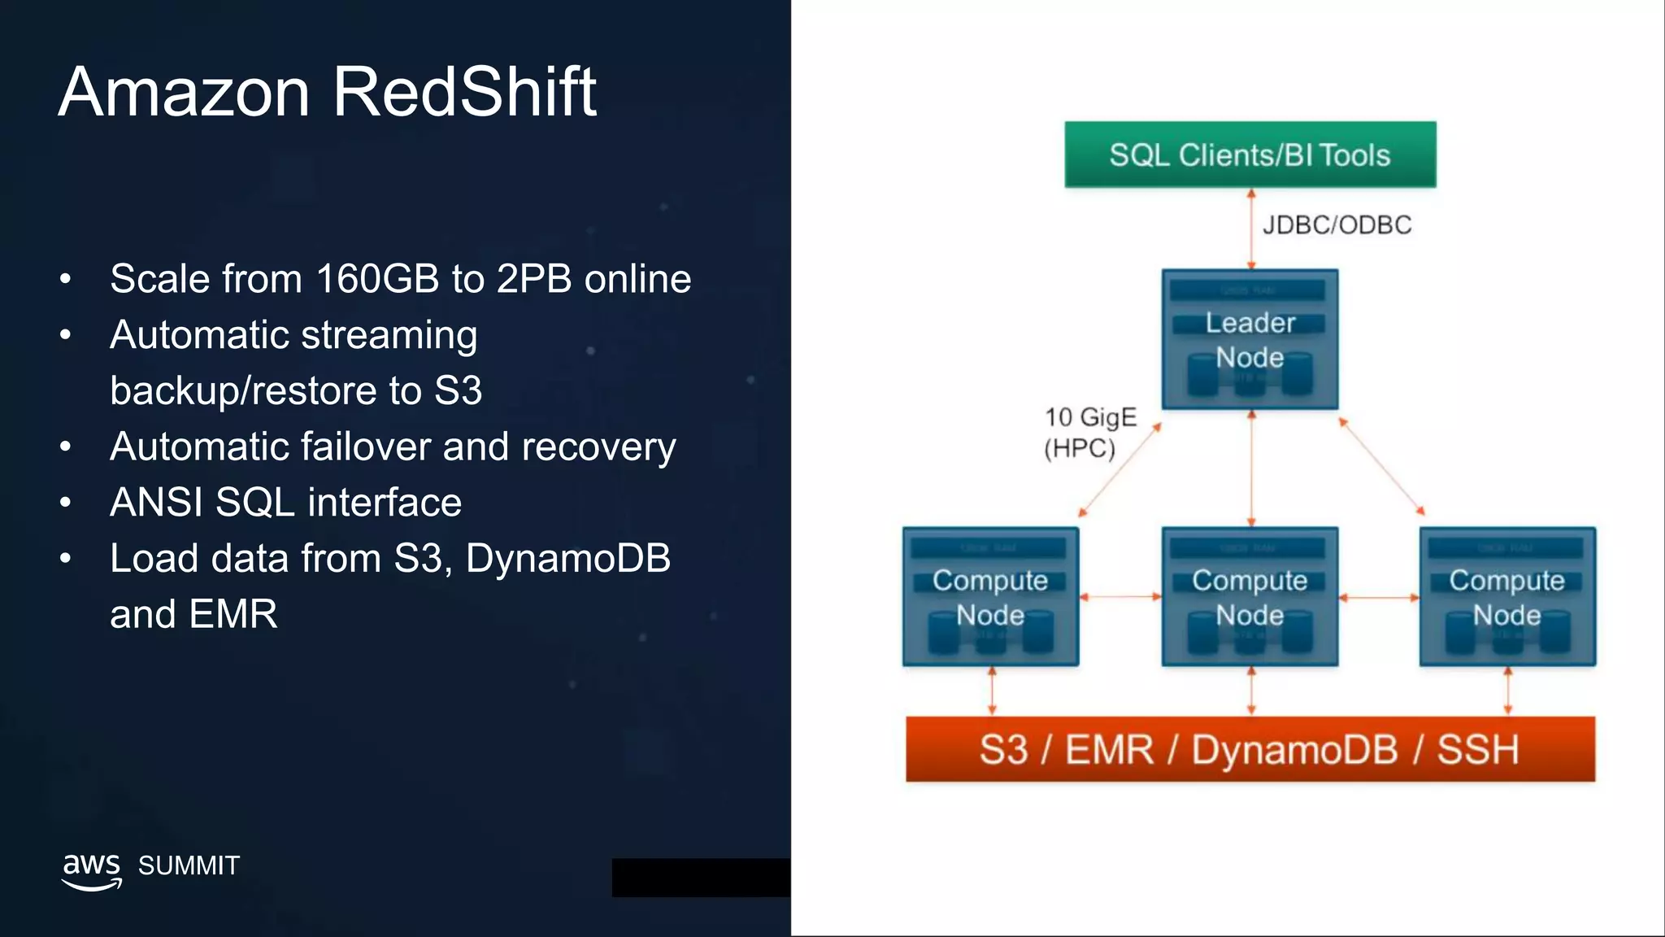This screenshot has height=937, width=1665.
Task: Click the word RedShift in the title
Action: [x=464, y=92]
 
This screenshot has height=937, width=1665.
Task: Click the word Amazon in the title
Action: [x=184, y=92]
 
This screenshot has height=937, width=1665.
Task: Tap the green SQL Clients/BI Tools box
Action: [x=1250, y=155]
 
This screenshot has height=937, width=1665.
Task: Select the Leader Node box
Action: [x=1250, y=339]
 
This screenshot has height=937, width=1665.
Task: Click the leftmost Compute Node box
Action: [x=990, y=597]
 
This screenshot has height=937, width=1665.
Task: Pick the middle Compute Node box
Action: [x=1250, y=597]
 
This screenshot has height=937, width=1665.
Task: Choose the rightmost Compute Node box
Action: [x=1507, y=597]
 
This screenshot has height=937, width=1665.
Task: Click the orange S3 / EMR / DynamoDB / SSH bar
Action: [x=1250, y=749]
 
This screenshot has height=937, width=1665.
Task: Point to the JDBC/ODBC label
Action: [x=1337, y=224]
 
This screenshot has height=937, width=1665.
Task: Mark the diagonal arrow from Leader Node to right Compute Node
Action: [x=1381, y=467]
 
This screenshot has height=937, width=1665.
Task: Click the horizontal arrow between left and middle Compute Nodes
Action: [x=1120, y=597]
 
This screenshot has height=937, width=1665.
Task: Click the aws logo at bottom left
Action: [x=92, y=870]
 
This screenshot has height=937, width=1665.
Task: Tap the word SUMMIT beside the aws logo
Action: [x=189, y=865]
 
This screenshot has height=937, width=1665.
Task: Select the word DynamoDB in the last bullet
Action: [x=567, y=559]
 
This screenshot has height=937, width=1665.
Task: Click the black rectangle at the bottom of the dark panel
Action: [x=701, y=878]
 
